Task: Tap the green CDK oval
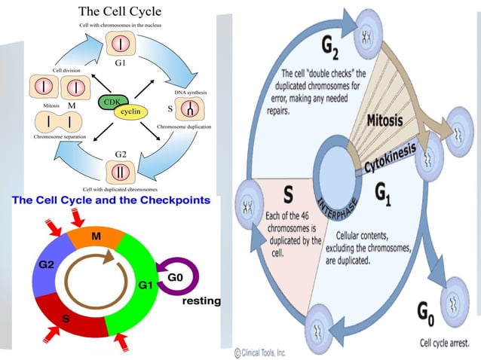(x=110, y=101)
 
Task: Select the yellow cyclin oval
(x=130, y=111)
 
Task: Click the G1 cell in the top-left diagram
(x=120, y=44)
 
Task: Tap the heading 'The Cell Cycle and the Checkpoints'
(x=112, y=201)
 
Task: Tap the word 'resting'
(x=201, y=301)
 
